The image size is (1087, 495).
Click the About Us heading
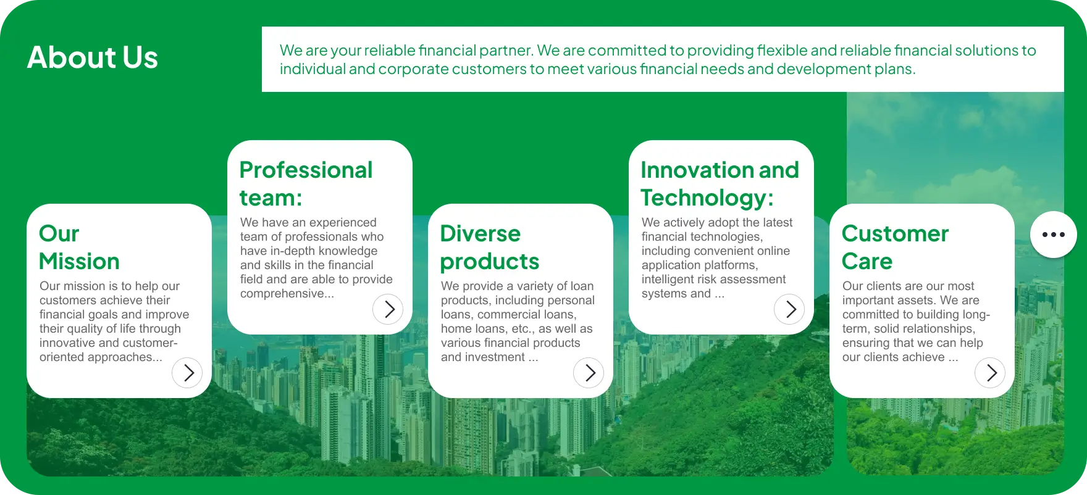[x=93, y=57]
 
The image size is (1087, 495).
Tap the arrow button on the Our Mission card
[x=187, y=373]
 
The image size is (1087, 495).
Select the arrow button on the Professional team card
[x=388, y=309]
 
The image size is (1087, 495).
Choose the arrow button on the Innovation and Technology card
[x=789, y=309]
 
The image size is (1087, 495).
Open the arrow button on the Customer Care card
[x=990, y=373]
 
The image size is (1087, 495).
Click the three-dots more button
[x=1054, y=235]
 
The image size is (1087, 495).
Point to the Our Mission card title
[x=79, y=247]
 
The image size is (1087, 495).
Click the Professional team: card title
[x=306, y=184]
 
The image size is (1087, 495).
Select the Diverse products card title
[x=490, y=247]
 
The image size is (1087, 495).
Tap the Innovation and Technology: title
[x=720, y=184]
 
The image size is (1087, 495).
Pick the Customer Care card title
[x=895, y=247]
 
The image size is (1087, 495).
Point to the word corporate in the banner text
[x=413, y=69]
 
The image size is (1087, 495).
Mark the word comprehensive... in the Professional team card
[x=287, y=294]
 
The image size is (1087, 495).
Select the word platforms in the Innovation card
[x=731, y=265]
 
